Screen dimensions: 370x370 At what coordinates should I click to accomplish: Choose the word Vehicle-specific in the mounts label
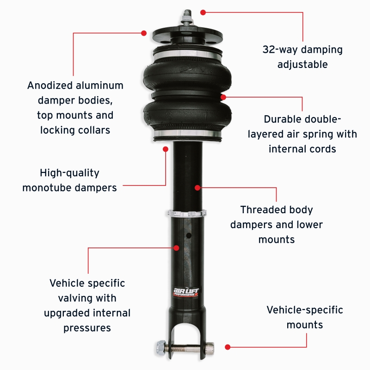pos(305,310)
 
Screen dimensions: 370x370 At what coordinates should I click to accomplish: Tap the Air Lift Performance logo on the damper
pos(185,290)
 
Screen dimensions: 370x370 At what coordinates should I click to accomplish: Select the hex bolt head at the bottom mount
pos(160,346)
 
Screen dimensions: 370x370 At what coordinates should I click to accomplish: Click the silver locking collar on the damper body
pos(187,214)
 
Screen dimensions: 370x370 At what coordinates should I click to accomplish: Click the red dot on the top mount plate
pos(144,33)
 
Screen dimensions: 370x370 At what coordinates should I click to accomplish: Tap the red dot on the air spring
pos(223,97)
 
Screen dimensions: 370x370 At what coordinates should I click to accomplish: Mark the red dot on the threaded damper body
pos(197,188)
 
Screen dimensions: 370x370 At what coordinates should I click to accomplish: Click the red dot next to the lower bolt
pos(227,346)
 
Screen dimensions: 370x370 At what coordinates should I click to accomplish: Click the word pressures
pos(87,328)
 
